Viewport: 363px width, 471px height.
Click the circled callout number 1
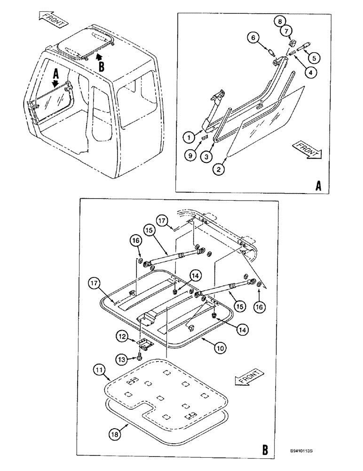pyautogui.click(x=188, y=138)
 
